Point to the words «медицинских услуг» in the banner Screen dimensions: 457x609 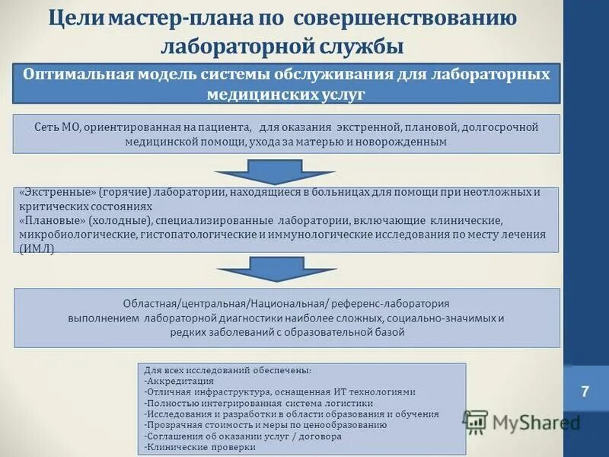[x=286, y=94]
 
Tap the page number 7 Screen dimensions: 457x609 [x=585, y=392]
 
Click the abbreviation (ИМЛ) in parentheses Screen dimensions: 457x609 [x=37, y=248]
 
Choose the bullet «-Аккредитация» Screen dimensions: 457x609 [x=179, y=380]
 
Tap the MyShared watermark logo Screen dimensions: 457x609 [x=521, y=422]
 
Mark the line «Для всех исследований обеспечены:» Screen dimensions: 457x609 [x=227, y=369]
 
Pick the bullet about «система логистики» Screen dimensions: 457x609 [x=258, y=403]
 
